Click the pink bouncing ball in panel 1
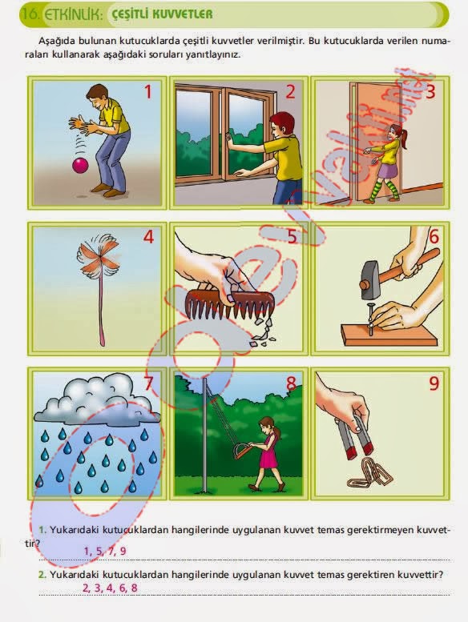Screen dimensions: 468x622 point(81,165)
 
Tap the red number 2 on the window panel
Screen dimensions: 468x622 point(291,91)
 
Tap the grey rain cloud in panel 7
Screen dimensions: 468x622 point(97,398)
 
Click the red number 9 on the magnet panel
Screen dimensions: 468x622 point(434,383)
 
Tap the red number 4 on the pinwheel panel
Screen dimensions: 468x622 point(148,237)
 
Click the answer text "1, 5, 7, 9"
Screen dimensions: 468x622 point(105,551)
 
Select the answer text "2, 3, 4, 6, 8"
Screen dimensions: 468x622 point(110,588)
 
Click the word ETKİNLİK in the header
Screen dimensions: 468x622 point(74,14)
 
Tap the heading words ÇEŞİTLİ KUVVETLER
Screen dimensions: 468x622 point(162,14)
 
